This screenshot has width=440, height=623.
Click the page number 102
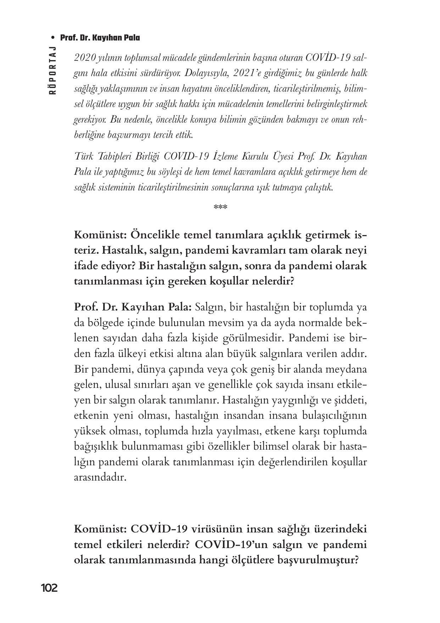[49, 588]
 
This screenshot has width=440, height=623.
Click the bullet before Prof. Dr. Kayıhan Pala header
[53, 38]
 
